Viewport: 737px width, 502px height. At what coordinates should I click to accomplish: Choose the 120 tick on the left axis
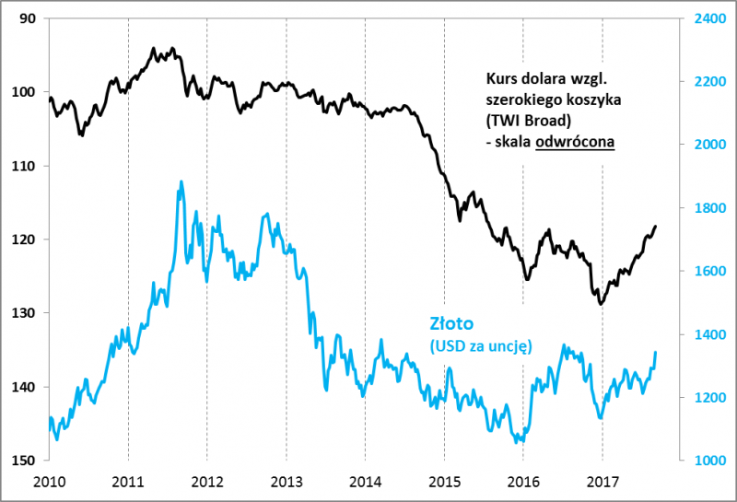pyautogui.click(x=25, y=239)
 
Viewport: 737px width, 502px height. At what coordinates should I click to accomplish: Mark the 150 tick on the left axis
pyautogui.click(x=25, y=461)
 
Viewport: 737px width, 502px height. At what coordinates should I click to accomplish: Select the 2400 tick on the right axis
pyautogui.click(x=709, y=18)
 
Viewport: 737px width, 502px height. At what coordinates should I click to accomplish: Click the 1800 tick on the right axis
pyautogui.click(x=709, y=208)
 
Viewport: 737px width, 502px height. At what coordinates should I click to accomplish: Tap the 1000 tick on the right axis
pyautogui.click(x=709, y=461)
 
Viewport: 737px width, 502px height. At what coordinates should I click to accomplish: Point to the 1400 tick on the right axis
pyautogui.click(x=709, y=334)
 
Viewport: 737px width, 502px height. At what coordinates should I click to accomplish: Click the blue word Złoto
pyautogui.click(x=451, y=323)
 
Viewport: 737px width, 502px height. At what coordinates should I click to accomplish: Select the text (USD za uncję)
pyautogui.click(x=481, y=345)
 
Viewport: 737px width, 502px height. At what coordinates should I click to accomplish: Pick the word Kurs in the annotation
pyautogui.click(x=501, y=79)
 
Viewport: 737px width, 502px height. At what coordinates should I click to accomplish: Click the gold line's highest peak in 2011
pyautogui.click(x=181, y=182)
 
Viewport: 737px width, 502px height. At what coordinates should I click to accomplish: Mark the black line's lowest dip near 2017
pyautogui.click(x=601, y=303)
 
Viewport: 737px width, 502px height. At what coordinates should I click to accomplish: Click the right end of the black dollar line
pyautogui.click(x=656, y=226)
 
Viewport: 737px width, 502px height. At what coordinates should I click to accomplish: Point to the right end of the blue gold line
pyautogui.click(x=656, y=352)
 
